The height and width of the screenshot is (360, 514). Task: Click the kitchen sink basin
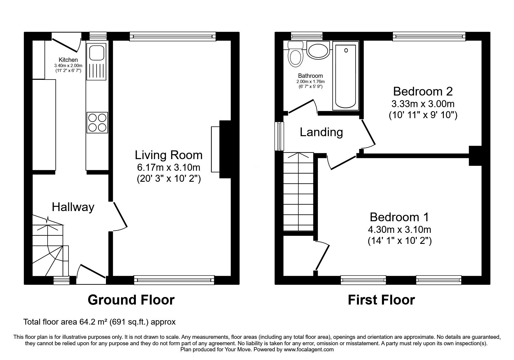point(97,53)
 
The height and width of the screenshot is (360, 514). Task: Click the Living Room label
point(169,155)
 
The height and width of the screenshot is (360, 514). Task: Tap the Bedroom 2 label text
point(423,91)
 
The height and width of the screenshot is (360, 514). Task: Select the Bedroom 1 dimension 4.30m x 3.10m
point(399,230)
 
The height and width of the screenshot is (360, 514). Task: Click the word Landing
point(321,132)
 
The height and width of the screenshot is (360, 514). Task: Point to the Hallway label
point(73,207)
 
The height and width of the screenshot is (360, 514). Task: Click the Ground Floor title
point(131,300)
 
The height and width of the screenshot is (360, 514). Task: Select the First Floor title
point(381,300)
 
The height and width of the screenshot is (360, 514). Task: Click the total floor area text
point(99,322)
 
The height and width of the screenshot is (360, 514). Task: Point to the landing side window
point(279,136)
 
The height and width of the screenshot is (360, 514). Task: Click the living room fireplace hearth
point(215,150)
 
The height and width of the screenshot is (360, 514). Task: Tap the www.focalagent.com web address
point(309,350)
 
